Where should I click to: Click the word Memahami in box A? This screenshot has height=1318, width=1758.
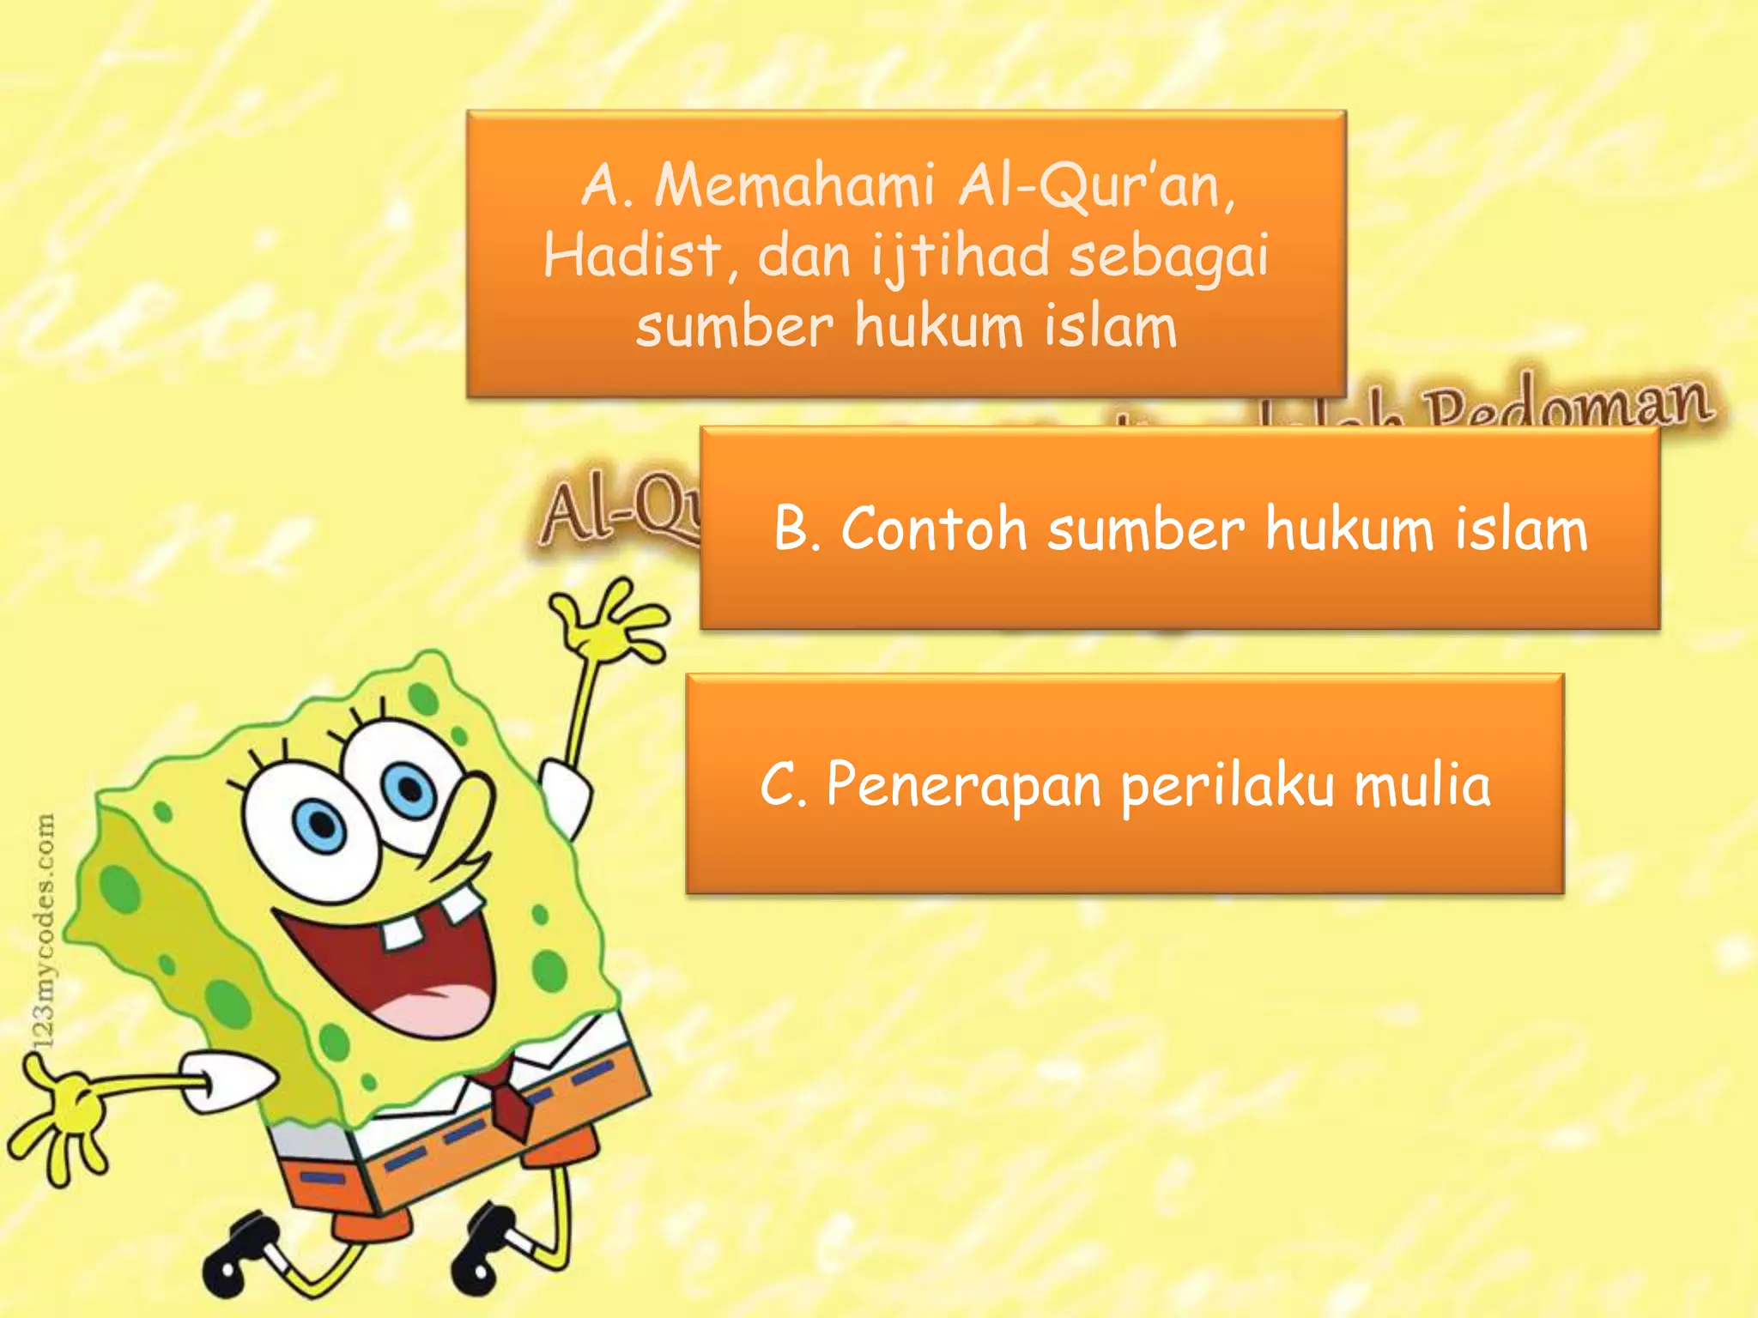(x=794, y=186)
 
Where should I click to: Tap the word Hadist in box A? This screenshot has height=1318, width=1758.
(x=632, y=257)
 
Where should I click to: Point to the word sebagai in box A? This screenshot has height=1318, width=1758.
(x=1168, y=258)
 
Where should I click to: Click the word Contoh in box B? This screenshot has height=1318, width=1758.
(x=934, y=529)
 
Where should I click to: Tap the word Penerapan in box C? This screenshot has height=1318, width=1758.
(x=964, y=786)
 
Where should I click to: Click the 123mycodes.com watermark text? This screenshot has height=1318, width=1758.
(x=44, y=931)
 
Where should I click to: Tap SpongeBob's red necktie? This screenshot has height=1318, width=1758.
(x=512, y=1107)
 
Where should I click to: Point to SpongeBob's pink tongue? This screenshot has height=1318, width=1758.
(x=434, y=1005)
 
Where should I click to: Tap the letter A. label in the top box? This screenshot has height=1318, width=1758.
(x=608, y=186)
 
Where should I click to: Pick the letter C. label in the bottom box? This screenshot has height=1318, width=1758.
(x=783, y=784)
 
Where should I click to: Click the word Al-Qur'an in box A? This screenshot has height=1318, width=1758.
(x=1097, y=186)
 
